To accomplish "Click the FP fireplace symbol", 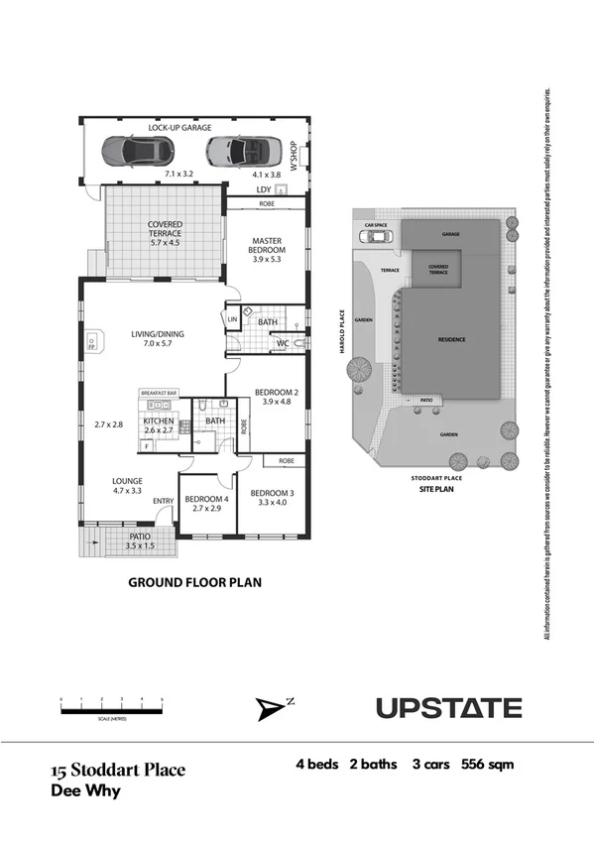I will pyautogui.click(x=90, y=342).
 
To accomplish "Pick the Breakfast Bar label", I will pyautogui.click(x=159, y=394).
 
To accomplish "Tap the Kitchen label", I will pyautogui.click(x=159, y=421).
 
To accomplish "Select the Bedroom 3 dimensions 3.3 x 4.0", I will pyautogui.click(x=271, y=503).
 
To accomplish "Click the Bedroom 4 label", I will pyautogui.click(x=207, y=499).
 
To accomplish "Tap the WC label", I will pyautogui.click(x=282, y=343).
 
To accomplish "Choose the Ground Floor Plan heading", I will pyautogui.click(x=194, y=583).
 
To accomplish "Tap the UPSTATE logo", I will pyautogui.click(x=448, y=708).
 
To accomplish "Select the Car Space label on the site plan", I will pyautogui.click(x=375, y=225).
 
